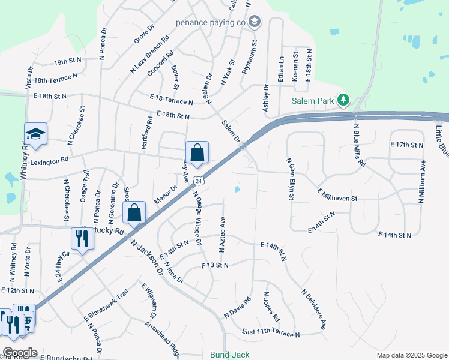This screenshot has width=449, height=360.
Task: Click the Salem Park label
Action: (313, 101)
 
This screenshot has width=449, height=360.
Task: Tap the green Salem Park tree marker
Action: (343, 100)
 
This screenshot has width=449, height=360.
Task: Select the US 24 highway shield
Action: (205, 180)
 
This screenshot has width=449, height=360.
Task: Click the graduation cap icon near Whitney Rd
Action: (35, 134)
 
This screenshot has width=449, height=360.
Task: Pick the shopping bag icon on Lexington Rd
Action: (197, 153)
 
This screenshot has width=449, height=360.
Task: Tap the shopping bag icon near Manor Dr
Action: (134, 212)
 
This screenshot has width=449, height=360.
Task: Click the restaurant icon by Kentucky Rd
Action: (82, 238)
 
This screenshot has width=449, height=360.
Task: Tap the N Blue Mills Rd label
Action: (359, 145)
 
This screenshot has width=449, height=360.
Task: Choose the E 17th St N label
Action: (407, 145)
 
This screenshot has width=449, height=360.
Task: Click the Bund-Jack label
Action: (229, 355)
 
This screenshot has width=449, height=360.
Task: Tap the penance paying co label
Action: (211, 23)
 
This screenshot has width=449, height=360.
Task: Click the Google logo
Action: (20, 353)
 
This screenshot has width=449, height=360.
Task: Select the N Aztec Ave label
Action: (223, 233)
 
